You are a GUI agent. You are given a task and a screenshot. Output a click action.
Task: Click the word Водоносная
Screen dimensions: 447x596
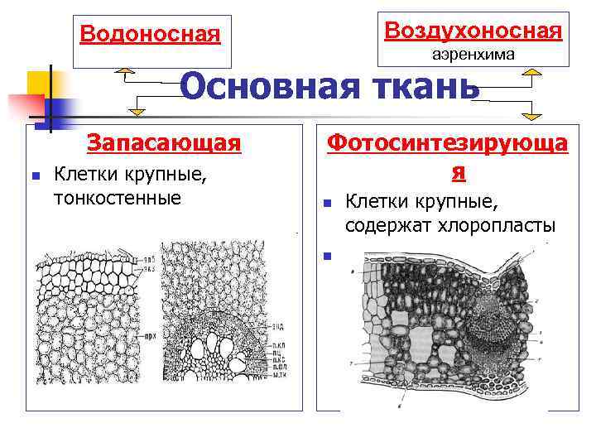tap(151, 35)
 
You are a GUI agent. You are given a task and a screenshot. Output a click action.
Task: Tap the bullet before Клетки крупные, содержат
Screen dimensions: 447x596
tap(327, 202)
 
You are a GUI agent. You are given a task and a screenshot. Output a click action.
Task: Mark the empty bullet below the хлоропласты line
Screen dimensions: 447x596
tap(327, 255)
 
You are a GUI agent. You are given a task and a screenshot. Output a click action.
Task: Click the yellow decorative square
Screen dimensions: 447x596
tap(37, 83)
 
